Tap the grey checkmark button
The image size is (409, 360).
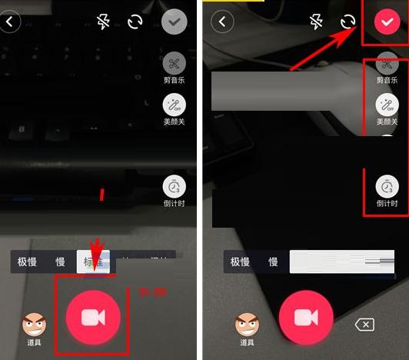point(176,22)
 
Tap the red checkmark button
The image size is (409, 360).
point(385,22)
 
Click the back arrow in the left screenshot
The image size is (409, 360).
point(10,22)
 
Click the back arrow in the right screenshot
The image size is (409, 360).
point(222,22)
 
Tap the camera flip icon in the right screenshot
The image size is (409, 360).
point(348,22)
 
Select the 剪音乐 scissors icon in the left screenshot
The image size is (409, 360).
point(175,64)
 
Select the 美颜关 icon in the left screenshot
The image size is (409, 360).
point(175,105)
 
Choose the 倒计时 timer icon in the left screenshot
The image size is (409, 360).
point(175,186)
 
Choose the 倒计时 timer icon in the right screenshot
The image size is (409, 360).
point(387,186)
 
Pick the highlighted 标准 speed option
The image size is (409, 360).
point(93,262)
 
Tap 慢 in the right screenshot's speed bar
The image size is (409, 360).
point(273,262)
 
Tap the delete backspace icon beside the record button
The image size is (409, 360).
point(364,325)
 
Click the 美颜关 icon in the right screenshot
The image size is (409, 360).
point(387,105)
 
